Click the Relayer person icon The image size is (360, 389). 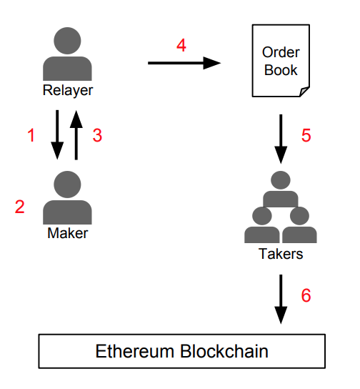[x=67, y=54]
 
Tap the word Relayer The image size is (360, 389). [x=68, y=90]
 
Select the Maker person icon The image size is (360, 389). [x=67, y=197]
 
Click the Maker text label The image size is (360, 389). [x=68, y=233]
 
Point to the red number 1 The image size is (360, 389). [x=31, y=135]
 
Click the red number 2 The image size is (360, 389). [x=20, y=207]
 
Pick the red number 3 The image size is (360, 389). [x=97, y=135]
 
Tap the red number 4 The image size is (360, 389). [x=181, y=45]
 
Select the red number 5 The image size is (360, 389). [x=306, y=135]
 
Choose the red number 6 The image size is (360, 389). [x=306, y=295]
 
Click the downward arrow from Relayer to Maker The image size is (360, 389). [x=57, y=134]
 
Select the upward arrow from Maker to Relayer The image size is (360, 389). [x=76, y=135]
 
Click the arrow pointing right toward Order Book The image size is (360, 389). [x=184, y=63]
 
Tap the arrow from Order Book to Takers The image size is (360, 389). [x=281, y=139]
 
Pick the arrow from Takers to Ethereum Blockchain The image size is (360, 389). [x=281, y=299]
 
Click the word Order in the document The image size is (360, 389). [x=281, y=52]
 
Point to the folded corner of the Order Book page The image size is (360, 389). [x=304, y=92]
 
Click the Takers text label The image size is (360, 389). [x=281, y=254]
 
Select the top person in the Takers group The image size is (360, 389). [x=281, y=189]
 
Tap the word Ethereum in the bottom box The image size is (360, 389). [x=135, y=351]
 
